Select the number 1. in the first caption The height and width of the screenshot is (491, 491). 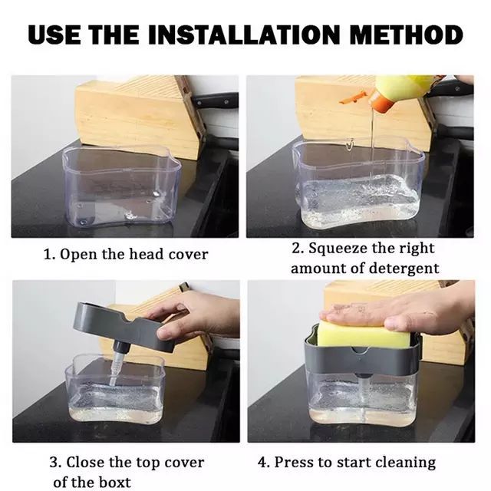48,254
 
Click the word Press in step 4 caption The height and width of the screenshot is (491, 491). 292,463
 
